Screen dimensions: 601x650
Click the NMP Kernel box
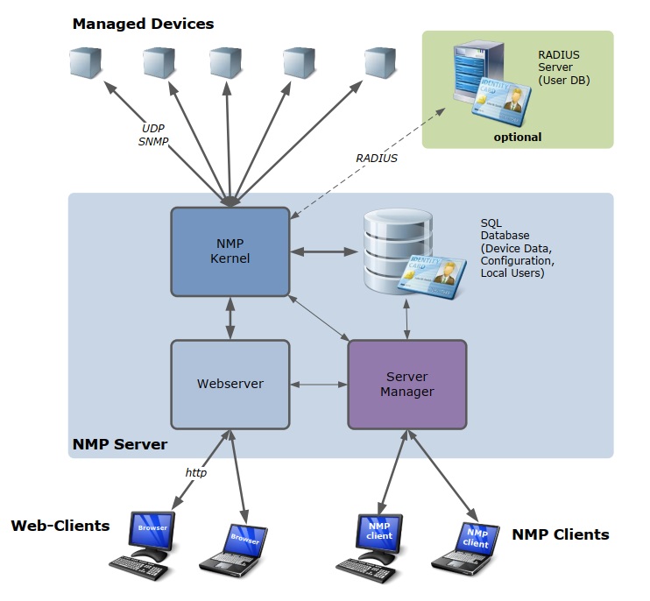coord(230,251)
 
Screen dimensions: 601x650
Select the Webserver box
coord(230,384)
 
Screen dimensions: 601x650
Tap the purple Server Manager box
coord(407,385)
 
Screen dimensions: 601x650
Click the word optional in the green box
coord(517,137)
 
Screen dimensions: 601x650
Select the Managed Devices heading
coord(143,24)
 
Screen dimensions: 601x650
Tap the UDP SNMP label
coord(153,133)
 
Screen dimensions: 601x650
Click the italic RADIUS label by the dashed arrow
coord(377,159)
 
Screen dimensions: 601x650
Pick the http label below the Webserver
coord(195,472)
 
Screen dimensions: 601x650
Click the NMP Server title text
coord(119,444)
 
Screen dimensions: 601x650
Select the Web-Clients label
coord(60,526)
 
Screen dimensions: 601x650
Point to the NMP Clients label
coord(560,534)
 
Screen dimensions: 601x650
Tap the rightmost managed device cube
coord(380,62)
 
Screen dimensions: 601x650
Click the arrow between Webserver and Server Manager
coord(318,385)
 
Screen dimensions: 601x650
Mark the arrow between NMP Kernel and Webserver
coord(230,318)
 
